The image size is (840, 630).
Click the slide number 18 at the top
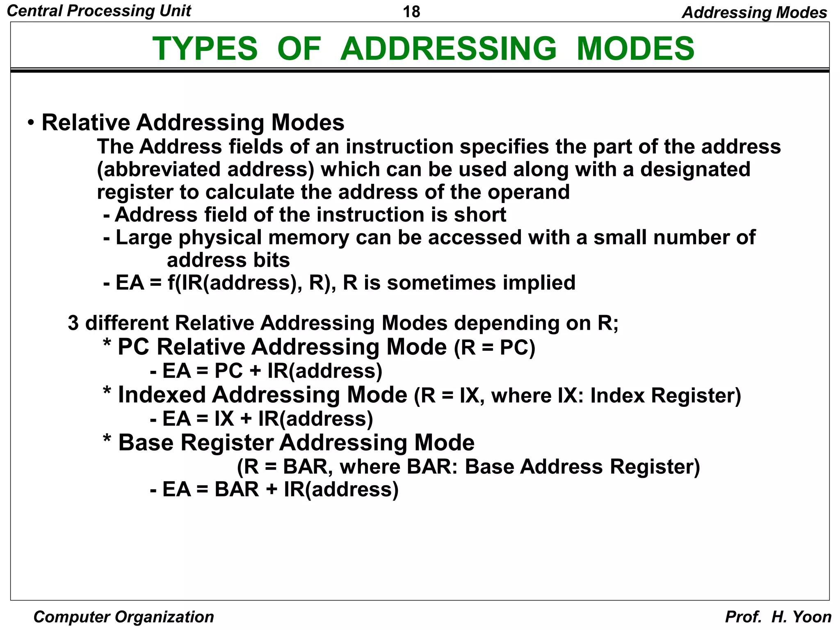pyautogui.click(x=411, y=11)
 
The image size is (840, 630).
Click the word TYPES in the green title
pyautogui.click(x=205, y=48)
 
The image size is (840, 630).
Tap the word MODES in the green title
pyautogui.click(x=635, y=48)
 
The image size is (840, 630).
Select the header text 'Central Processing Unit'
pyautogui.click(x=99, y=11)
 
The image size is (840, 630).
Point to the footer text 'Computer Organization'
pyautogui.click(x=123, y=617)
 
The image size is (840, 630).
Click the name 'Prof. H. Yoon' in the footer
pyautogui.click(x=778, y=617)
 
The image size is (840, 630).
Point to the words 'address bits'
pyautogui.click(x=228, y=260)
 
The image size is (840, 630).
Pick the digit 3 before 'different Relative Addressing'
pyautogui.click(x=73, y=323)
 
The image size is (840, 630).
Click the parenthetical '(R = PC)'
pyautogui.click(x=494, y=348)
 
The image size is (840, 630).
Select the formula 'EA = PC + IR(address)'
pyautogui.click(x=272, y=371)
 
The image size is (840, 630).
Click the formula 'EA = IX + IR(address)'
pyautogui.click(x=267, y=419)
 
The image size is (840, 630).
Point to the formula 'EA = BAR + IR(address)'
pyautogui.click(x=280, y=489)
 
